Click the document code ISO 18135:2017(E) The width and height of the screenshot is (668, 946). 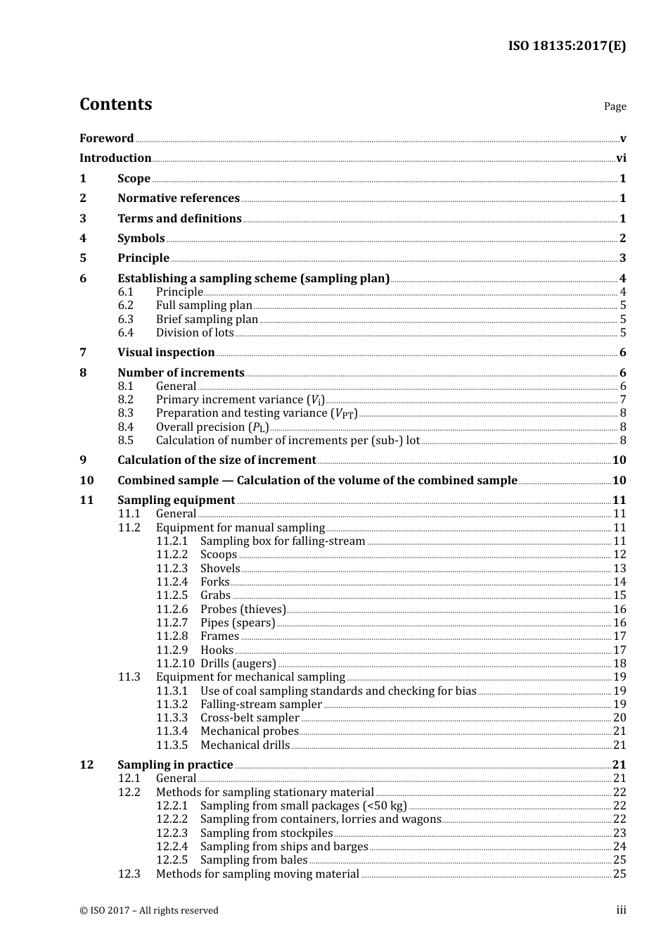pos(567,46)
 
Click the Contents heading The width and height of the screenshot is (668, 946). pos(115,104)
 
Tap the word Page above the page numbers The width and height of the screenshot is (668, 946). pos(615,106)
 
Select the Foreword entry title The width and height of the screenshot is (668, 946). pos(106,139)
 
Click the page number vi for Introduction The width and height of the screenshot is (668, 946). pos(621,158)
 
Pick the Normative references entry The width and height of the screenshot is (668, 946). pos(179,198)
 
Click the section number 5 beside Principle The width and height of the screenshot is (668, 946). pos(83,258)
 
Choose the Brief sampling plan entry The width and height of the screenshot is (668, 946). pos(207,320)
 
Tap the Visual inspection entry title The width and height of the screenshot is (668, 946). pos(166,353)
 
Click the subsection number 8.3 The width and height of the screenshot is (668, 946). pos(126,413)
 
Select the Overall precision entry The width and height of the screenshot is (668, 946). pos(212,427)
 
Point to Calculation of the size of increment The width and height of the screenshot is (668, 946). pos(217,460)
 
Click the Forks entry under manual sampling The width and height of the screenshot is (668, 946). pos(214,582)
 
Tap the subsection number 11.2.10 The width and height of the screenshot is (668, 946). pos(175,664)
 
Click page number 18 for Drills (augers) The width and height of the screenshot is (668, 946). pos(619,664)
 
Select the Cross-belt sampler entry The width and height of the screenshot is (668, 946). pos(250,718)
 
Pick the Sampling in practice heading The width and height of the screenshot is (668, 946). pos(175,765)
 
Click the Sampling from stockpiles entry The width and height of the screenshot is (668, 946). pos(266,833)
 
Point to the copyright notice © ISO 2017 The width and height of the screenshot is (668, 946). pos(149,911)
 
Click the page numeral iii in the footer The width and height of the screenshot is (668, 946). pos(621,910)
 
